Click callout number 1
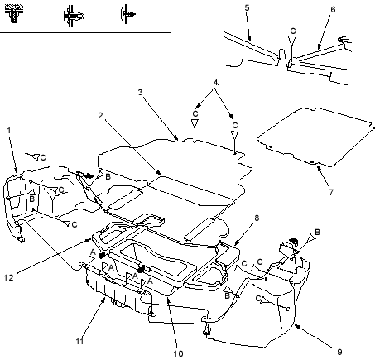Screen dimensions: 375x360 (x=9, y=130)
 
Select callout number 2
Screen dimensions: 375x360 (x=100, y=115)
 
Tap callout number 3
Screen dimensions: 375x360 (x=140, y=92)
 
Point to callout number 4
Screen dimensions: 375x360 (x=215, y=83)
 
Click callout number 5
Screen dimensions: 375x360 (x=247, y=7)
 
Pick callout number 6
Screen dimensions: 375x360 (x=333, y=9)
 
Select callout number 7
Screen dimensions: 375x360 (x=331, y=192)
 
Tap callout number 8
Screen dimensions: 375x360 (x=257, y=218)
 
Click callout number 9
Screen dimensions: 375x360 (x=339, y=352)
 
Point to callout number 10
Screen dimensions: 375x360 (x=178, y=353)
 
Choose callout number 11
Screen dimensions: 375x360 (x=79, y=341)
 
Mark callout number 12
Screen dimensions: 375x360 (x=9, y=277)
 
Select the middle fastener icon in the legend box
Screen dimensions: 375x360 (x=74, y=16)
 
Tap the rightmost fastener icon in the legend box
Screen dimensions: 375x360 (x=127, y=14)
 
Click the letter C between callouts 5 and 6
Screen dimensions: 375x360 (x=293, y=31)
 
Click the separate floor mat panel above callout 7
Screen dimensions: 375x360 (x=315, y=137)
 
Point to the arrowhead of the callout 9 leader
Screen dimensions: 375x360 (x=297, y=327)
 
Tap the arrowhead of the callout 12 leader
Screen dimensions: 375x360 (x=89, y=240)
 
